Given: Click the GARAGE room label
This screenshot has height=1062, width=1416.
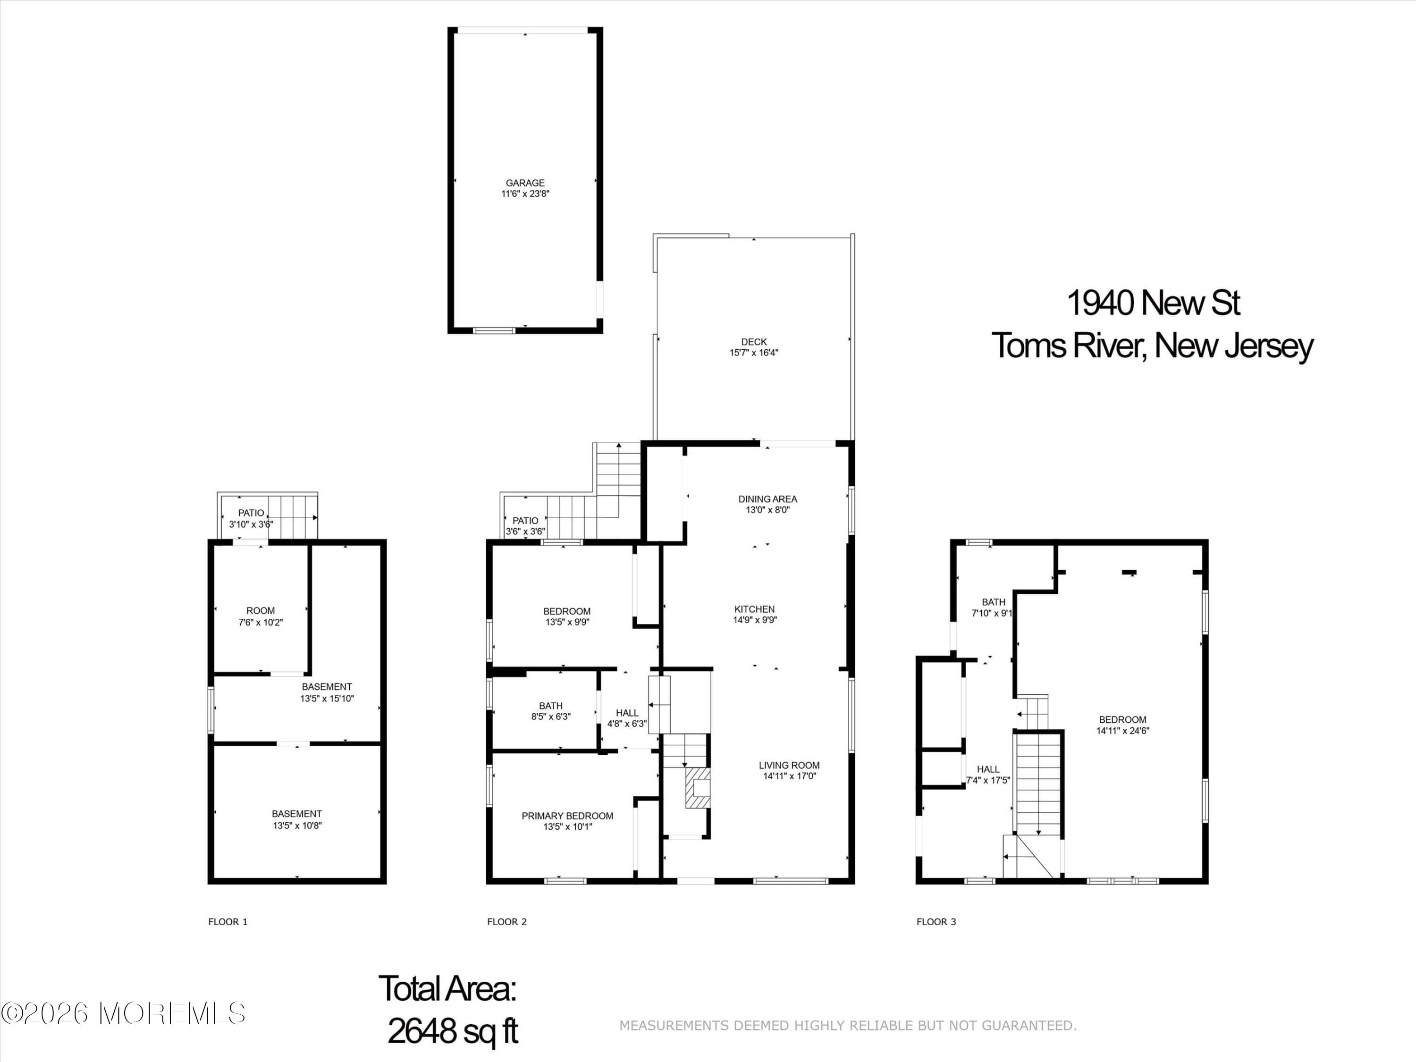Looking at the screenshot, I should point(525,183).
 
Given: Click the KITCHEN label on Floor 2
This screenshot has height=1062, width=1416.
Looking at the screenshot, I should point(755,609).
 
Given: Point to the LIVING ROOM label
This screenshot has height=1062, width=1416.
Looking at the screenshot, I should point(789,766).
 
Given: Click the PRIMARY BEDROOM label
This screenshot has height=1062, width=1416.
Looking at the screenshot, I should point(567,816).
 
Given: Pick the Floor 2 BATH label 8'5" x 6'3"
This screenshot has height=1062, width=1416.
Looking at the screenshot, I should point(550,711).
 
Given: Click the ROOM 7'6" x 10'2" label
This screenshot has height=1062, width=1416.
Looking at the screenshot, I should point(261,616).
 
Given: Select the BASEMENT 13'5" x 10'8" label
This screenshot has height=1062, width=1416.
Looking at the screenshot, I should point(296,820).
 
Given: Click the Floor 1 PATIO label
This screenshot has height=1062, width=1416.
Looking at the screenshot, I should point(251,514).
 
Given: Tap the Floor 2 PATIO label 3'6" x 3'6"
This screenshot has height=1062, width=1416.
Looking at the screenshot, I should point(525,526).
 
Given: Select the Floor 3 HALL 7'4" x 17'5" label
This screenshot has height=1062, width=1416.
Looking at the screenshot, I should point(988,775).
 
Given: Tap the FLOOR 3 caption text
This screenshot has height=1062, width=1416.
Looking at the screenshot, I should point(936,922).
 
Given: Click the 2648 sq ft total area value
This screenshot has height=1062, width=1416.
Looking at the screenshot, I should point(453,1031).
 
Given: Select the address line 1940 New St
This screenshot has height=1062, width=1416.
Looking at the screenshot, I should point(1153,303).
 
